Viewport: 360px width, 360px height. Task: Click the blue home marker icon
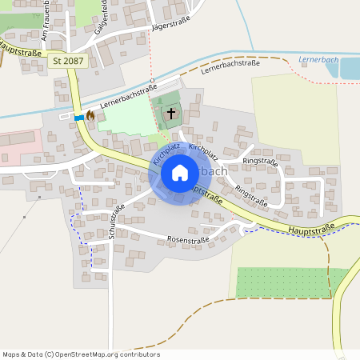tap(180, 173)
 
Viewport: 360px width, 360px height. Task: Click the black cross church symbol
tap(171, 114)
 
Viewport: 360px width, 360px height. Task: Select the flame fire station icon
tap(90, 116)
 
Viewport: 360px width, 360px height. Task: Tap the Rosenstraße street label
tap(187, 239)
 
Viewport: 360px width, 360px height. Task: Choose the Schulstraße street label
tap(116, 222)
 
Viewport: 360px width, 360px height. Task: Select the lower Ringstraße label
tap(252, 192)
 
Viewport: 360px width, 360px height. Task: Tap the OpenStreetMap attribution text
tap(80, 354)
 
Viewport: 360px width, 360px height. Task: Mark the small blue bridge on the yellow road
tap(79, 118)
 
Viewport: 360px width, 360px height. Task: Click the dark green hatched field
tap(292, 282)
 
